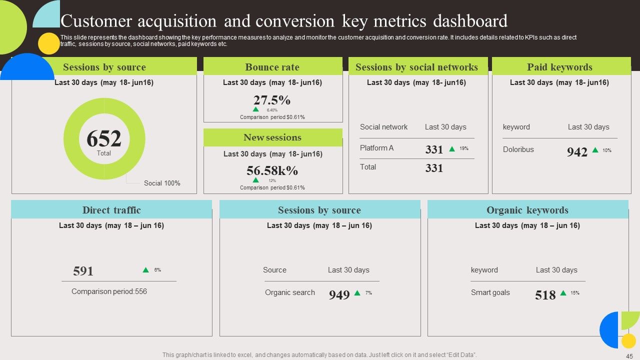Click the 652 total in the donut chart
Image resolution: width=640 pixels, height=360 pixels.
104,138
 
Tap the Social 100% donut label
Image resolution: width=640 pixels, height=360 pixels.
162,183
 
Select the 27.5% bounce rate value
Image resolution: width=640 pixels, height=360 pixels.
271,100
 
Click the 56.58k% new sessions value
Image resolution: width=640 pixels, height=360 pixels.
272,170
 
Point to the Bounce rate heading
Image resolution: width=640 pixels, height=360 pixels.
272,67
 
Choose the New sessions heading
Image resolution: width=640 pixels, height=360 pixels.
272,137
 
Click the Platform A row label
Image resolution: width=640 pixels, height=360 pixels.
376,148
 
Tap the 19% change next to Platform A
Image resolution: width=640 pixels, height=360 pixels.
463,148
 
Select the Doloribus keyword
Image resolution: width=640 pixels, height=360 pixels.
518,149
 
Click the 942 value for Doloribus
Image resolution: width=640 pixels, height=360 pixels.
577,152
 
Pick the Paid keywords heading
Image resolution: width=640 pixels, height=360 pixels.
559,67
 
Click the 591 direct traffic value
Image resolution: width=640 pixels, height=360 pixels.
83,271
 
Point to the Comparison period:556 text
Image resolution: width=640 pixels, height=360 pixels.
109,291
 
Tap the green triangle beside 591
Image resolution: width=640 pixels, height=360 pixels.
145,269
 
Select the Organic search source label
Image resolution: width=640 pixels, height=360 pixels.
289,292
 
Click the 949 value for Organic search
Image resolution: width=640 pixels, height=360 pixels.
339,295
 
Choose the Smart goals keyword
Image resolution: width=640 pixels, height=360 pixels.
490,292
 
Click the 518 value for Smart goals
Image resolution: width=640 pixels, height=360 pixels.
545,295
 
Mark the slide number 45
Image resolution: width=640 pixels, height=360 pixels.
629,356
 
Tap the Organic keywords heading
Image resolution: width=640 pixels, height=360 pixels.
527,210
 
